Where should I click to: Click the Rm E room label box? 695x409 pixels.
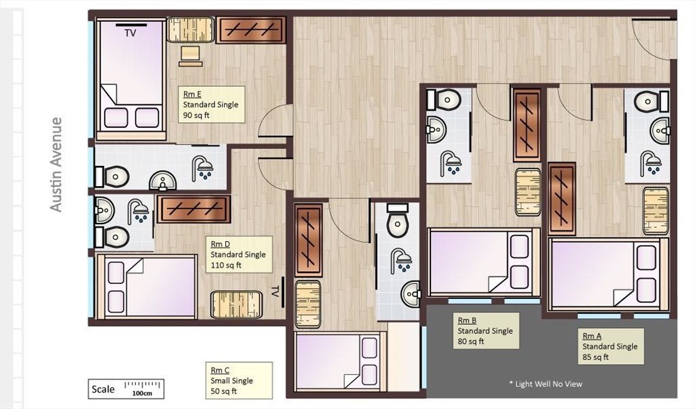212,104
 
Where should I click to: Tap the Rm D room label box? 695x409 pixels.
240,254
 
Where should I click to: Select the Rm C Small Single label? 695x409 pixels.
240,380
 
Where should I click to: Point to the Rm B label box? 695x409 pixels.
486,330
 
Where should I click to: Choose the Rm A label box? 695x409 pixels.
611,346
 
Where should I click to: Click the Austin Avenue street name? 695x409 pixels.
56,164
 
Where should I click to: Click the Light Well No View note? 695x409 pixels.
546,384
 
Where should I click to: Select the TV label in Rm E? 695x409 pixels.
130,33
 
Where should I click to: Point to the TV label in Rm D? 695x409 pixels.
275,291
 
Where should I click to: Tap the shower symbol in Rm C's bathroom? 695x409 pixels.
401,260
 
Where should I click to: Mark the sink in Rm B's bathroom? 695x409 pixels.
436,130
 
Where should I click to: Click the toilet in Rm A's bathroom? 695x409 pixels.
651,101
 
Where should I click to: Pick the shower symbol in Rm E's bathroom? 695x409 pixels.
202,167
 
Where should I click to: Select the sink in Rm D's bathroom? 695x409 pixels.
104,208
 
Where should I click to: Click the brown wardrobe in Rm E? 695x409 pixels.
251,30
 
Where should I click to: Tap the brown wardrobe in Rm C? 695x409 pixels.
308,241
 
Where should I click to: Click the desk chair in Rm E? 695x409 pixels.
191,56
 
